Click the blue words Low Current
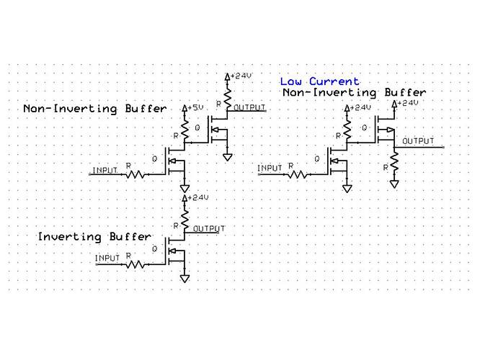319,81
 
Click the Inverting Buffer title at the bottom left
94,237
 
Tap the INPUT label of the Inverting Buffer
107,258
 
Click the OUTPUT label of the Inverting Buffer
209,228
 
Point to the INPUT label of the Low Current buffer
270,168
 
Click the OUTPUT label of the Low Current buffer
418,141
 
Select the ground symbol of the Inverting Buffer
185,278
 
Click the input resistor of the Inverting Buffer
136,264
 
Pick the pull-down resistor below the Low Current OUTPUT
394,166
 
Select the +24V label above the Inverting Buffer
197,197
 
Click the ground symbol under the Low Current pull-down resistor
394,184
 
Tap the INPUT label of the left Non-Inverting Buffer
105,170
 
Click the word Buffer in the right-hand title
404,93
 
